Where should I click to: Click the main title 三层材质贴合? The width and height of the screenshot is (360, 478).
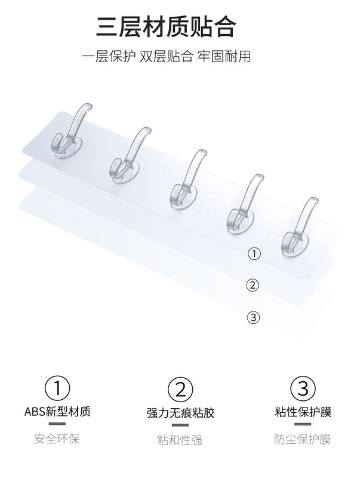tap(166, 27)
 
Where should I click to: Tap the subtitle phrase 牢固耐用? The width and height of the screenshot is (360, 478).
tap(224, 56)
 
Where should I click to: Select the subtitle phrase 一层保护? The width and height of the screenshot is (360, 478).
tap(109, 56)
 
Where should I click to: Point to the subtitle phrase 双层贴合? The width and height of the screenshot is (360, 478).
tap(167, 56)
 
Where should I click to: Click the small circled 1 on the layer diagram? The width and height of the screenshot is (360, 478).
tap(254, 253)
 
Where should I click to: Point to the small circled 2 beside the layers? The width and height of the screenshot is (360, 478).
tap(253, 286)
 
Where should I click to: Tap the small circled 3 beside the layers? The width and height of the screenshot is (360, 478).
tap(253, 317)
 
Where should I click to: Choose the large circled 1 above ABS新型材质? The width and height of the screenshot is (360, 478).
tap(57, 389)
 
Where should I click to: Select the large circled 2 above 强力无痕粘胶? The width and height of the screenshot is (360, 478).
tap(180, 390)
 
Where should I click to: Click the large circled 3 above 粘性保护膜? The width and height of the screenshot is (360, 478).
tap(303, 389)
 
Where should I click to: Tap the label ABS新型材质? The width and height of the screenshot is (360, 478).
tap(57, 412)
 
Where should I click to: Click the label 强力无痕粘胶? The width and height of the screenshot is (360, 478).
tap(181, 413)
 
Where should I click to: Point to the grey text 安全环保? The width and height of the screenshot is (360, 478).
tap(57, 439)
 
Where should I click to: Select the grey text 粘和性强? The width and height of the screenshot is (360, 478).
tap(180, 440)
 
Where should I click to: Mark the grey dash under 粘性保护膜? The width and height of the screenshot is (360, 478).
tap(303, 424)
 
